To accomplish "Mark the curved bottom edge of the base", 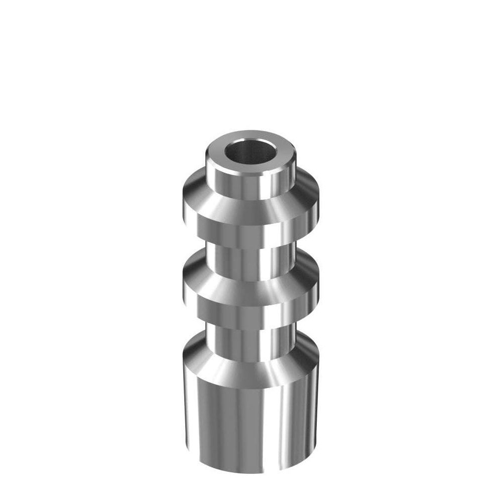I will [251, 472].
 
